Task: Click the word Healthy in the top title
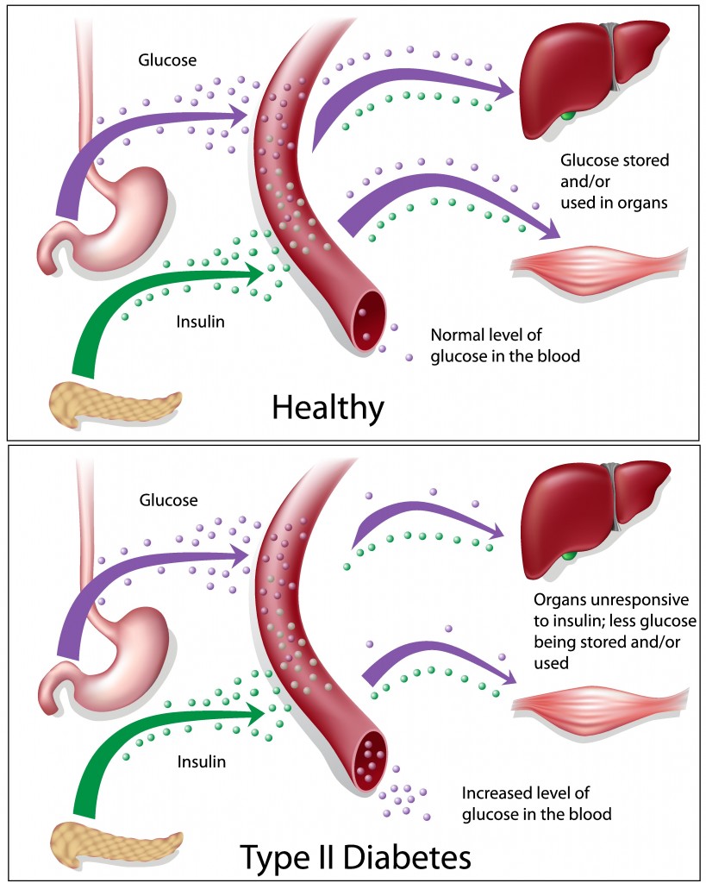[x=327, y=407]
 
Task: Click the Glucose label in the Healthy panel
[x=167, y=60]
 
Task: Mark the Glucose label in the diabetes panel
[x=167, y=500]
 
